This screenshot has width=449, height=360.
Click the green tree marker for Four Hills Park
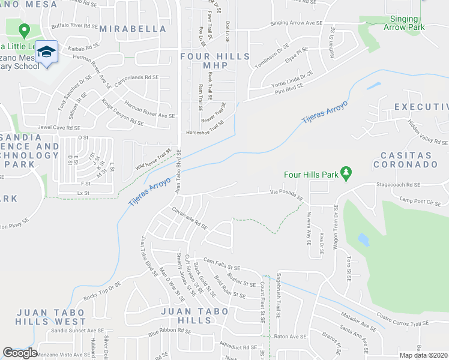coord(346,173)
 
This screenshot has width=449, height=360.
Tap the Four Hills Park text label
coord(312,175)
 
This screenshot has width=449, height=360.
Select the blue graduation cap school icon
coord(46,52)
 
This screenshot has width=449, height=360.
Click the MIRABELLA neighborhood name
coord(133,28)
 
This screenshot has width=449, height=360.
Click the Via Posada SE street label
coord(286,195)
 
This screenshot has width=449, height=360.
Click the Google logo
coord(20,352)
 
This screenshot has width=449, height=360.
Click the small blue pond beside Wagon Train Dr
coord(363,239)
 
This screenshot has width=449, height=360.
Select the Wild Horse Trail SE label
coord(154,160)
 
